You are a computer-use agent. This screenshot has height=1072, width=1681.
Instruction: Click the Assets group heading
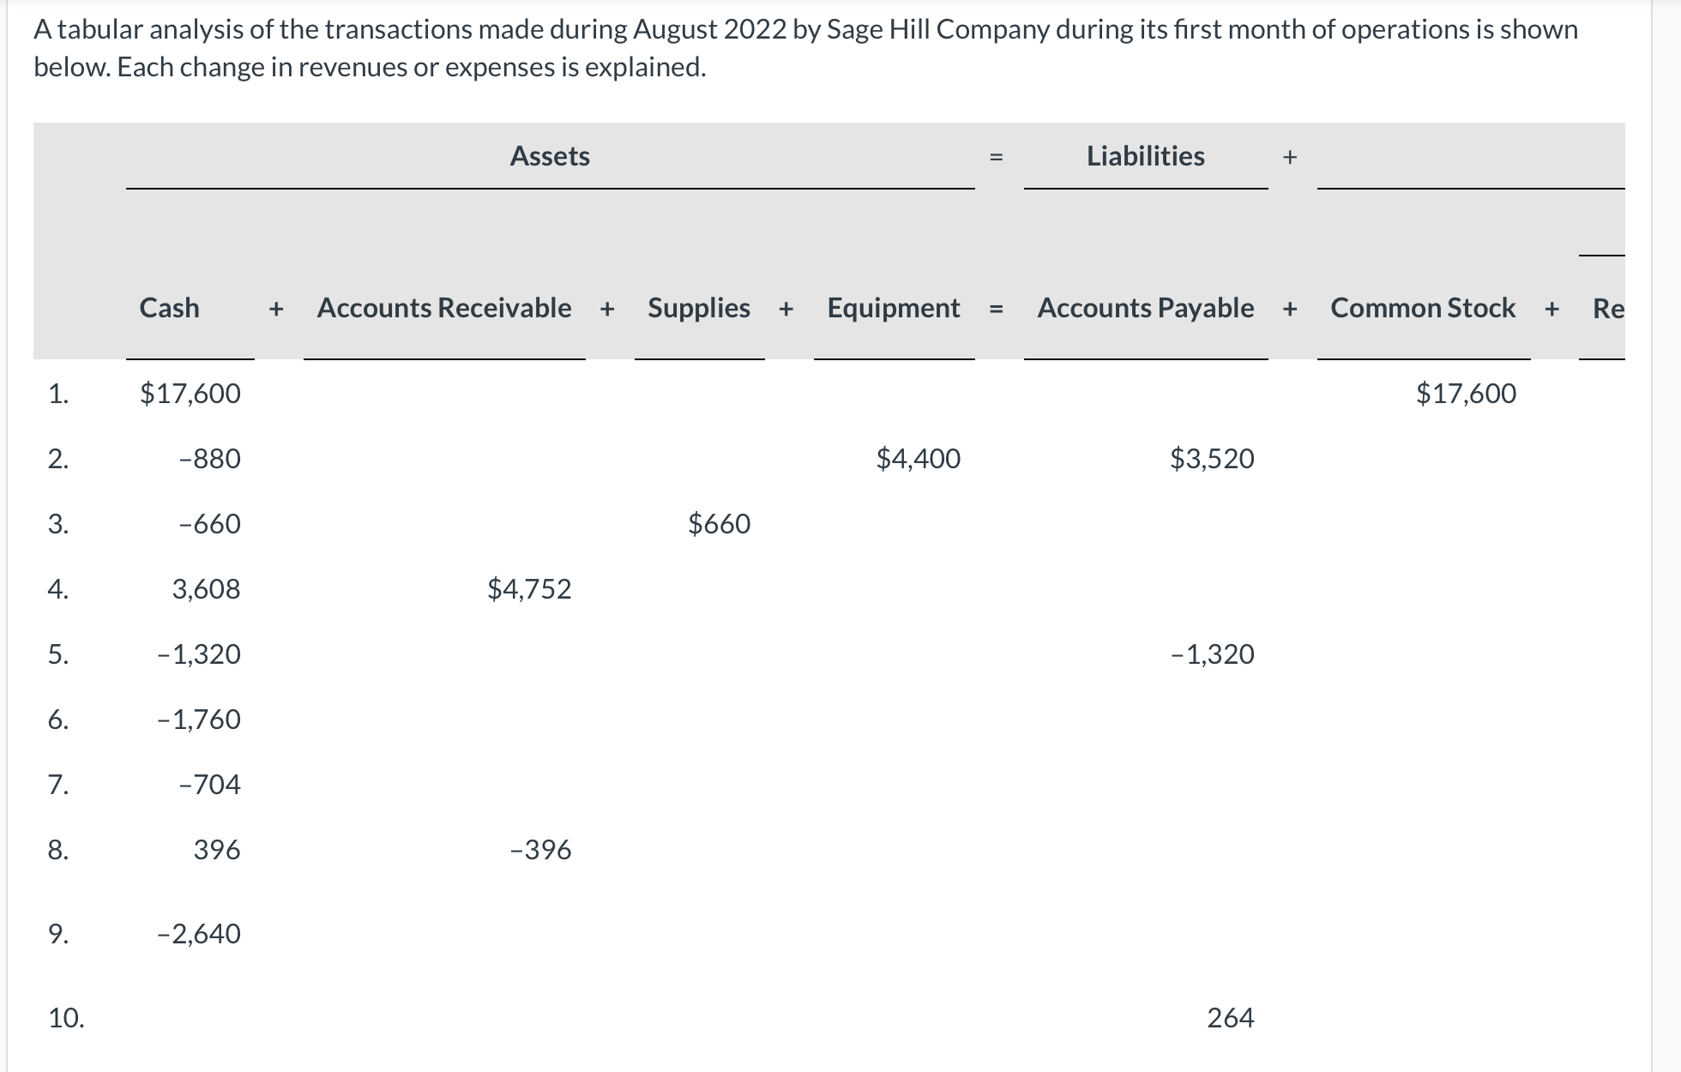click(550, 156)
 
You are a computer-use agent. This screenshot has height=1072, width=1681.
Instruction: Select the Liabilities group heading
click(1145, 156)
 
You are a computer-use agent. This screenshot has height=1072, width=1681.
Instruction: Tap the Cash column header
click(170, 308)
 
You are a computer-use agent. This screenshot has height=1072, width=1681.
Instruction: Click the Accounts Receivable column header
click(444, 308)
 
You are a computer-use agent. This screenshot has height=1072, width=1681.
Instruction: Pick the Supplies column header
click(699, 308)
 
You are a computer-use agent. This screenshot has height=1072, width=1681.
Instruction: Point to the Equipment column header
click(894, 308)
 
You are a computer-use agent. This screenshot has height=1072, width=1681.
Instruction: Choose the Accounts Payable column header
click(1145, 308)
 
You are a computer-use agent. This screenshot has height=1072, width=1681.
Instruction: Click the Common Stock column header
click(1423, 308)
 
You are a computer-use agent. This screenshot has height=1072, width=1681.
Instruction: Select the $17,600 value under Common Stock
click(1466, 394)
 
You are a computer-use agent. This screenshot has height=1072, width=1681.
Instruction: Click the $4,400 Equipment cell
click(918, 459)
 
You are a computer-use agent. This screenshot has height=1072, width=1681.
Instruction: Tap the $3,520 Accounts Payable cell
click(1212, 459)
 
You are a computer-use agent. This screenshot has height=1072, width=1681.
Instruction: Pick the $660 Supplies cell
click(719, 524)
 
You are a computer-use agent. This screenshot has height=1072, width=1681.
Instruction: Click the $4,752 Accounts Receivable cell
click(529, 589)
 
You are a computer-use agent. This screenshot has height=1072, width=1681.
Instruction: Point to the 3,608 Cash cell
click(206, 589)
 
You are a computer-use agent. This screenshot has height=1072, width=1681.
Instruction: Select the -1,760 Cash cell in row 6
click(199, 720)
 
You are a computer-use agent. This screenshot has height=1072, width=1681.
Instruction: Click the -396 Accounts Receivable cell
click(540, 850)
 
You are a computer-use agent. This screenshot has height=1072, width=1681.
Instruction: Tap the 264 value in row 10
click(1230, 1018)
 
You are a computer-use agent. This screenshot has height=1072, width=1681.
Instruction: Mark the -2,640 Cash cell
click(199, 934)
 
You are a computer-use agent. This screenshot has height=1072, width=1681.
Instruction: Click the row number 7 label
click(57, 785)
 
